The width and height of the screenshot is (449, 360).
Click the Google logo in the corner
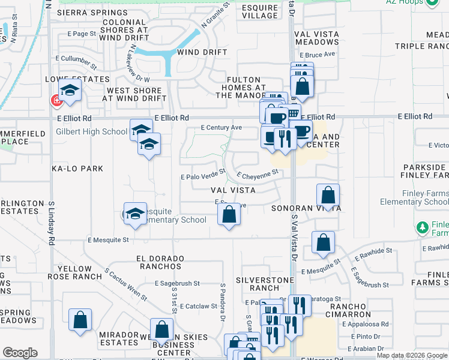[x=20, y=353]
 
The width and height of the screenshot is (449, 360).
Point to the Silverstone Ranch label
[x=265, y=284]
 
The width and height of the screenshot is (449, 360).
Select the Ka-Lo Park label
[x=77, y=169]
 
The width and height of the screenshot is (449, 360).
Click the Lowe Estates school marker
[x=70, y=92]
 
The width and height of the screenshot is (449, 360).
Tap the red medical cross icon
[x=58, y=100]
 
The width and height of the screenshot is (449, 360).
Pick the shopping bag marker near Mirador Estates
[x=80, y=321]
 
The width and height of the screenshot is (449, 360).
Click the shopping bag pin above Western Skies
[x=161, y=329]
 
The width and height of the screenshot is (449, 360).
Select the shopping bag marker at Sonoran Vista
[x=328, y=196]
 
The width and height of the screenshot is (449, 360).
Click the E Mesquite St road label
[x=108, y=239]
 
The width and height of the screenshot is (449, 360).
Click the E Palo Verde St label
[x=203, y=176]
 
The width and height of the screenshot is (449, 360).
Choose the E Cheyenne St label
[x=259, y=175]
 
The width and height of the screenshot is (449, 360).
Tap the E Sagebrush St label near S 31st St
[x=177, y=283]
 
